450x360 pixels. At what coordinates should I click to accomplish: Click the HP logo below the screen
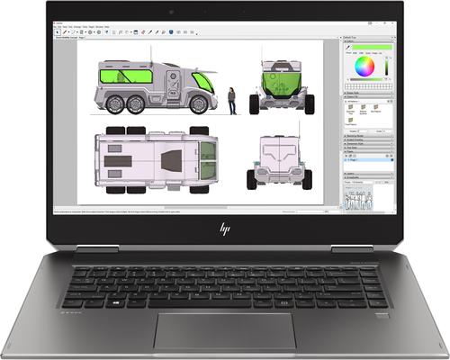224,229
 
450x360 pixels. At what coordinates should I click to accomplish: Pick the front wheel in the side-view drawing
182,106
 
